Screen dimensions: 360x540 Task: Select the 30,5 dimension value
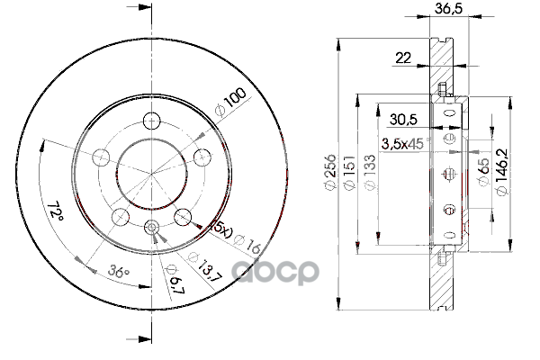click(403, 117)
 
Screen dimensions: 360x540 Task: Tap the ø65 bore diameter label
click(484, 170)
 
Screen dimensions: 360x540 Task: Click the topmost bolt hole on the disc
click(151, 119)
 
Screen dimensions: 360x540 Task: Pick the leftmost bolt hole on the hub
click(102, 157)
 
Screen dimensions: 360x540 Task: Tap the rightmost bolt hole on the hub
click(202, 157)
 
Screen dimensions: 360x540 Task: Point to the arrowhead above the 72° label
click(44, 144)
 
